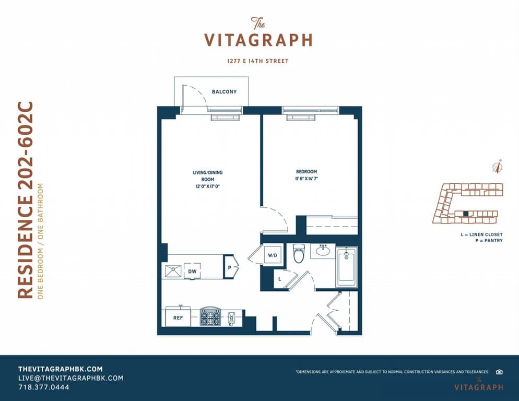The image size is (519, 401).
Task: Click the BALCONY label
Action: pos(224,92)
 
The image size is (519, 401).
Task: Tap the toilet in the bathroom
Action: pos(299,253)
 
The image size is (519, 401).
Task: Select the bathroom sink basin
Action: pos(322,251)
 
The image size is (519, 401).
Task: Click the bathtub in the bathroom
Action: pos(347,267)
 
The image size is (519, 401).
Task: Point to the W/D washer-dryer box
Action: pos(273,255)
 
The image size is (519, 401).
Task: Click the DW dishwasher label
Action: pos(192,272)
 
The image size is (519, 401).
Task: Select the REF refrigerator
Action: pos(178,317)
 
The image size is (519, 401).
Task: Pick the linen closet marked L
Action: pos(280,279)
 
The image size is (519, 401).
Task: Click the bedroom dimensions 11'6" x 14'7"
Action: pos(306,179)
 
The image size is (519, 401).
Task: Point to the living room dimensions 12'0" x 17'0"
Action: pos(207,186)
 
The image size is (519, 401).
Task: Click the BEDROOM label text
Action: pos(306,172)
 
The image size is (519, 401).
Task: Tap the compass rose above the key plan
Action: pos(498,166)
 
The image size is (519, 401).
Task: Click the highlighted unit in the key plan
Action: pos(466,214)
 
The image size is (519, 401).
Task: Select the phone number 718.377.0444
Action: pos(44,387)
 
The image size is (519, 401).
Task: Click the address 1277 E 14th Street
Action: pos(258,61)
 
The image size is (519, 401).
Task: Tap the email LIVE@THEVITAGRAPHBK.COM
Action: pos(71,378)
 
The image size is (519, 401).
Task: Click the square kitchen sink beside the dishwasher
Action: pos(173,271)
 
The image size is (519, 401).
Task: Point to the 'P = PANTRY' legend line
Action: pos(489,240)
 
